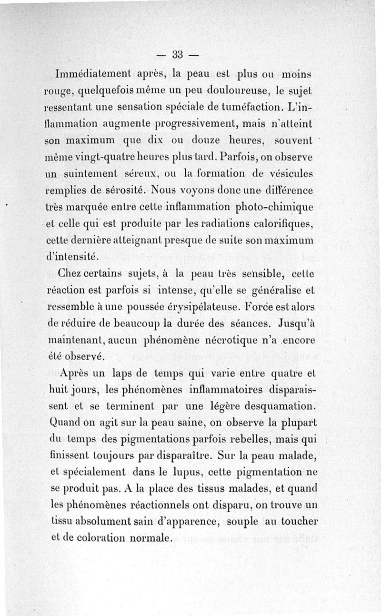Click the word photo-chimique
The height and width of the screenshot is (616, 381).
click(277, 208)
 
